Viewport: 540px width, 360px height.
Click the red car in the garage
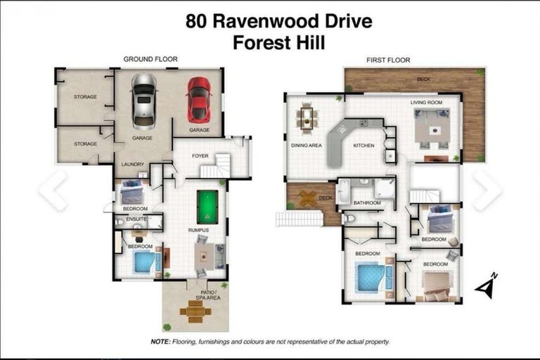pos(198,100)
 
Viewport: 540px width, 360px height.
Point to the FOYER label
pos(200,155)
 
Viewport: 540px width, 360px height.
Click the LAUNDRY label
pos(132,165)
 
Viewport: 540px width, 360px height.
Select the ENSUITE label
pos(136,219)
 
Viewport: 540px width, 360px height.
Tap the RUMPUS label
pos(199,229)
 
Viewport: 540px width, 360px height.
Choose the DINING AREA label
pos(306,146)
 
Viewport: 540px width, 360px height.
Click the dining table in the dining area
pos(307,117)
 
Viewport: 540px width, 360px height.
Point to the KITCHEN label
pos(364,146)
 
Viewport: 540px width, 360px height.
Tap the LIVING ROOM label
pos(426,103)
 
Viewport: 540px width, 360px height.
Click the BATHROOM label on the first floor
pos(367,203)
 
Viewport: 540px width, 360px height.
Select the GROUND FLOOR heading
pos(150,59)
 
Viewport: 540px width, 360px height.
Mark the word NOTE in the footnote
pos(160,341)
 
